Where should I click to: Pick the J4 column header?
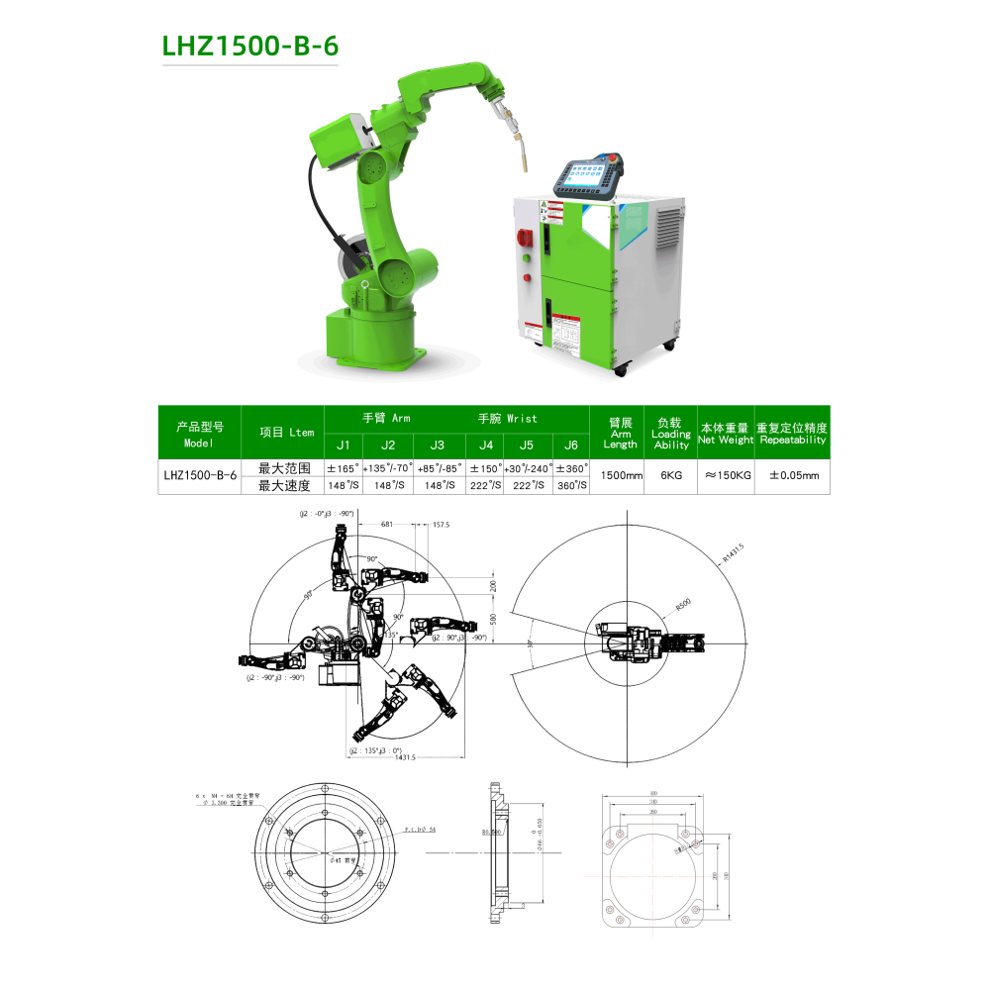[485, 445]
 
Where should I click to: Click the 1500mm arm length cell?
[617, 475]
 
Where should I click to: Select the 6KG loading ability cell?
[670, 475]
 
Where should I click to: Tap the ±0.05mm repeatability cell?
[793, 475]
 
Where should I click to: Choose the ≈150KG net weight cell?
[726, 475]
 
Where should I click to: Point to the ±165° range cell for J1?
[343, 467]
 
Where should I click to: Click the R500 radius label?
[682, 603]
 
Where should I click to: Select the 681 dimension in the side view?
[386, 524]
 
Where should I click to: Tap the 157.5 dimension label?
[441, 525]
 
